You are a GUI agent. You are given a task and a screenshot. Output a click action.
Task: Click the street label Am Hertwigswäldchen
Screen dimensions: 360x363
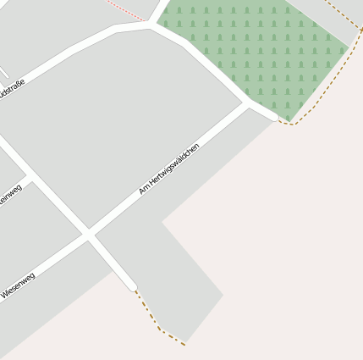169,169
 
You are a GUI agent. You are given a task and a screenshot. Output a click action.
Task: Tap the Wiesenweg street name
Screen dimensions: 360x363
18,285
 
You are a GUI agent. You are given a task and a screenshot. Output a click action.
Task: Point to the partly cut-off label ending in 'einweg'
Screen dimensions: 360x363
11,194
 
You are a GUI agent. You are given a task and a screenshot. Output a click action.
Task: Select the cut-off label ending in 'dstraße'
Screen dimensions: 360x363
12,91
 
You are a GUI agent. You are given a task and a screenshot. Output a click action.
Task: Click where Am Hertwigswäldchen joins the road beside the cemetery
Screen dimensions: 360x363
248,104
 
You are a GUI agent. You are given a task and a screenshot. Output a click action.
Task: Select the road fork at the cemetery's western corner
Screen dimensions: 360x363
152,25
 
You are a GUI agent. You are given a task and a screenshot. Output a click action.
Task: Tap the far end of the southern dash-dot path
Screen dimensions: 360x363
184,344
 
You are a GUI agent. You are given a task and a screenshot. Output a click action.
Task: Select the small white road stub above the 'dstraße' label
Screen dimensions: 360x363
4,74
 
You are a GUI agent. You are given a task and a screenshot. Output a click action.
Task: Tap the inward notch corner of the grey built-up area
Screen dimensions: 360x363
163,223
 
